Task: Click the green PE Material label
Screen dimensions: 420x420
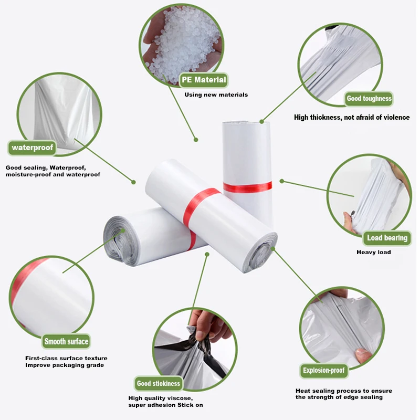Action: pos(204,80)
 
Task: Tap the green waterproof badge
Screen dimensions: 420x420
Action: pos(33,148)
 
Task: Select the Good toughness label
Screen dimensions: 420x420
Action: pos(369,99)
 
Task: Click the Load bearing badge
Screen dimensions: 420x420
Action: pos(387,238)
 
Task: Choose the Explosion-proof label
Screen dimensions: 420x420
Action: pos(323,371)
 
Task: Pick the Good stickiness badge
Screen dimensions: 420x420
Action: pos(159,384)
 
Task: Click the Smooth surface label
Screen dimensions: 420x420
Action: pos(66,342)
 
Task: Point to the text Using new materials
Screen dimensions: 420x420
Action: pos(216,95)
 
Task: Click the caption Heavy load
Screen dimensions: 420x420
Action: pos(374,252)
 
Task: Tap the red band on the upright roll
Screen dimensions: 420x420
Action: pos(247,187)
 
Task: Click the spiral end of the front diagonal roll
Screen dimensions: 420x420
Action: pos(259,253)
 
